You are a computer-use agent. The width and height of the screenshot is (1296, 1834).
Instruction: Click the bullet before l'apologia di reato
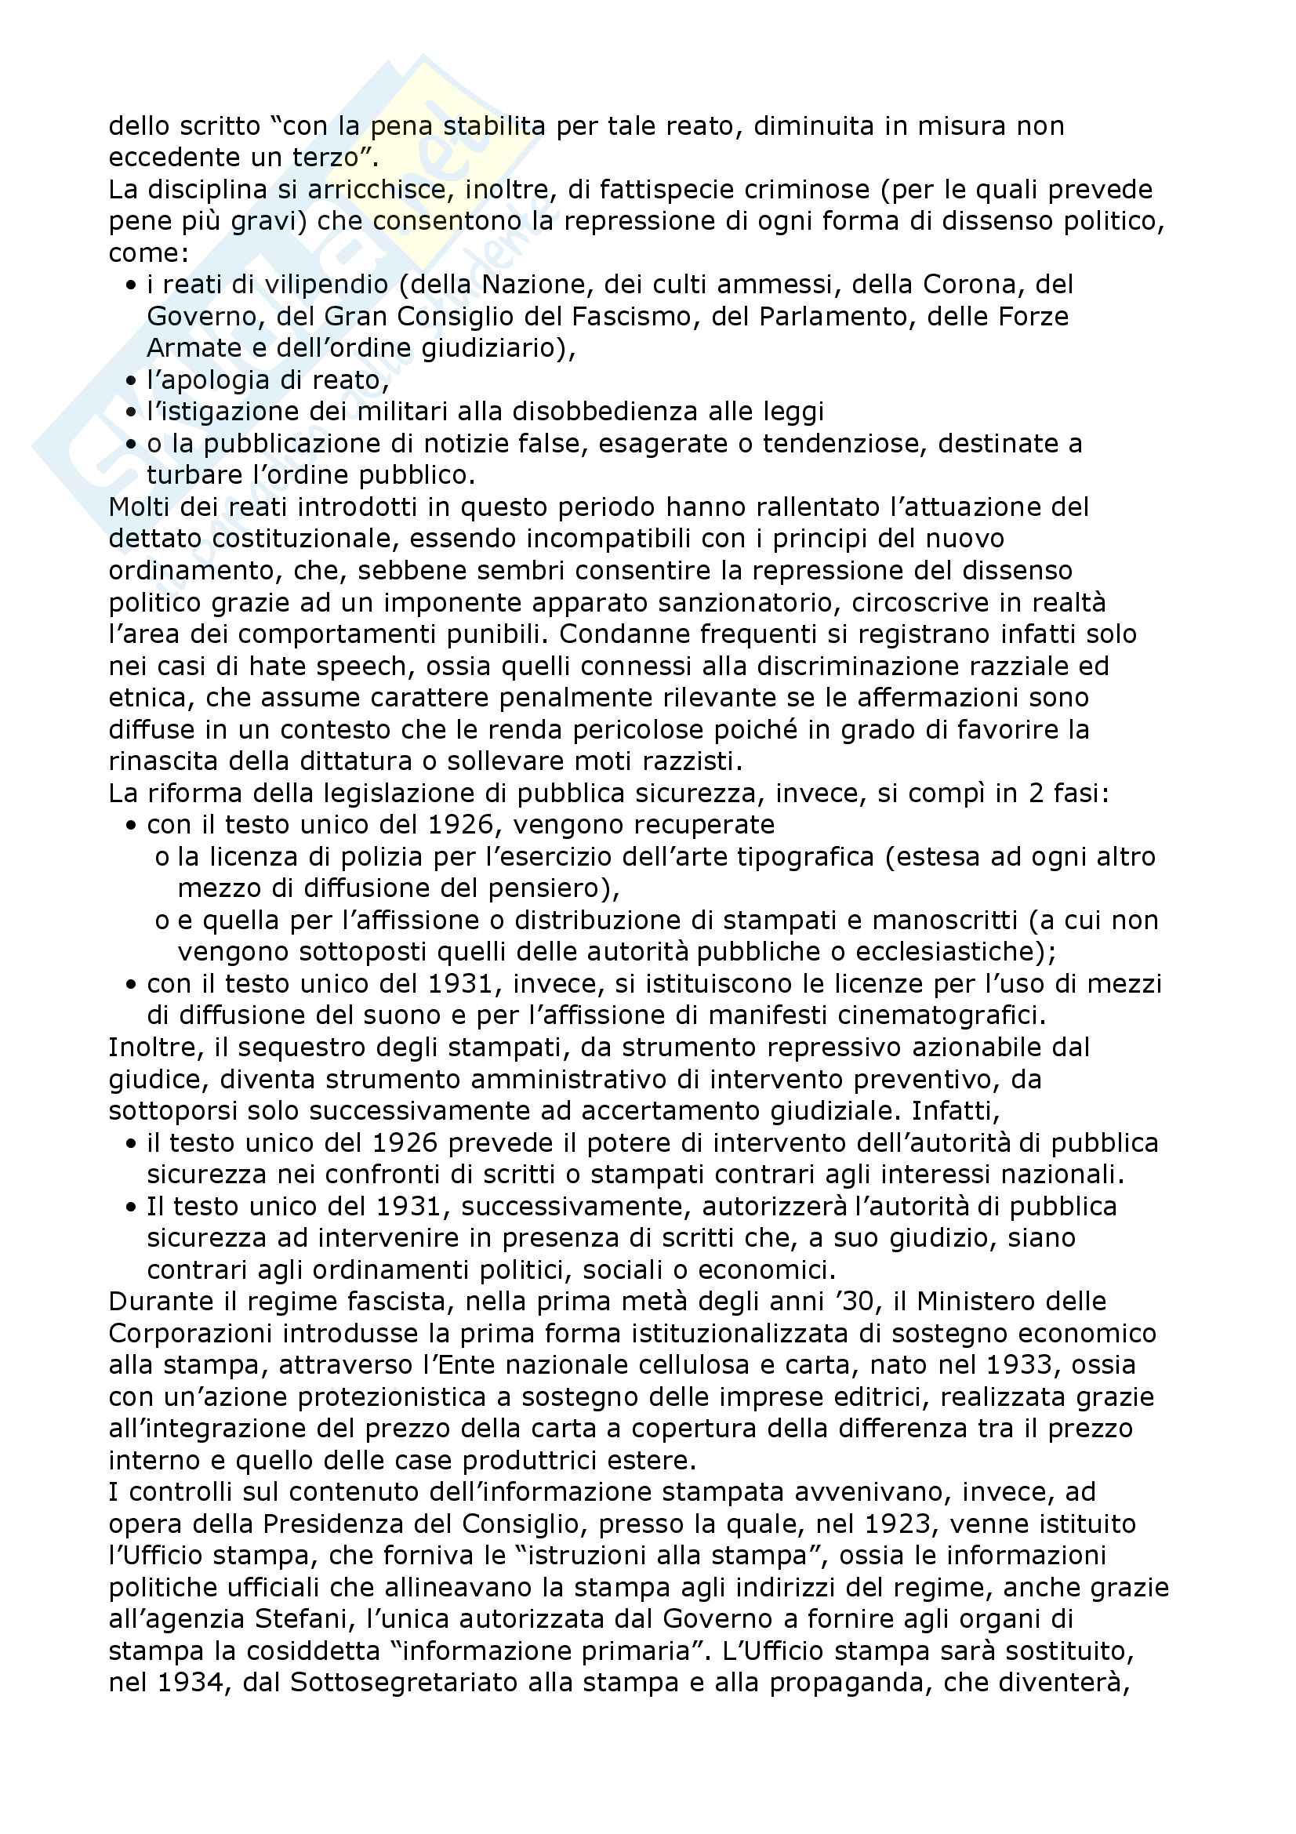click(131, 381)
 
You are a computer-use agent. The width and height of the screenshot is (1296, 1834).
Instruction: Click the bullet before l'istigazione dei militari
click(131, 412)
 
